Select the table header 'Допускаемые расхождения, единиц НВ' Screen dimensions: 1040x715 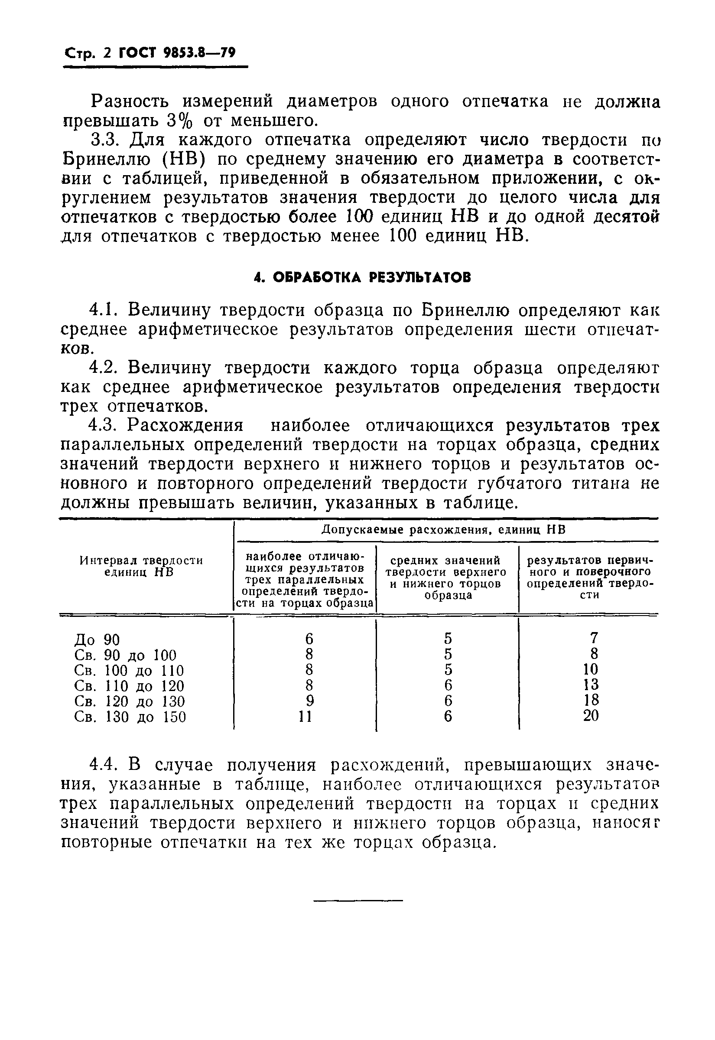[443, 530]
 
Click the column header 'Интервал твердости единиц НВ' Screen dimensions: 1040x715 [141, 566]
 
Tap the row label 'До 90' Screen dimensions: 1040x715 [97, 639]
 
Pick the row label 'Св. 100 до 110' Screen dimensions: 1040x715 [129, 671]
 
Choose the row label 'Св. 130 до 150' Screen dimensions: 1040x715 [130, 717]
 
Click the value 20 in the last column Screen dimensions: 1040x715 [591, 716]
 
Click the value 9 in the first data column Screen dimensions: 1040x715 [309, 701]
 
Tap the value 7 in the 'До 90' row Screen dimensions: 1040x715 [594, 638]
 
